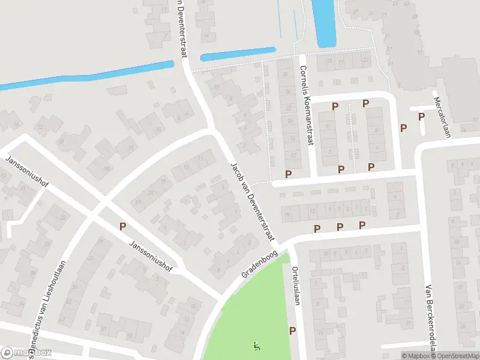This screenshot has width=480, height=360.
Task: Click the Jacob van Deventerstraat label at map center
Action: (251, 202)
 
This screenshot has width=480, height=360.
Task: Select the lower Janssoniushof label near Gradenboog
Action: (151, 256)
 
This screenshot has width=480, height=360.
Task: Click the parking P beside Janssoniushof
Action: (122, 227)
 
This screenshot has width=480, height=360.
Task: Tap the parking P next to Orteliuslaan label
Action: (293, 331)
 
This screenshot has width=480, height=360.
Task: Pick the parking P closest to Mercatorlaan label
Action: (421, 116)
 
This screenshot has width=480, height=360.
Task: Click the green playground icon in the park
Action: (257, 346)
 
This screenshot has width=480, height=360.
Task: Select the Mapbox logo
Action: (25, 353)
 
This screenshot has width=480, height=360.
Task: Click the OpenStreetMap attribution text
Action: (455, 356)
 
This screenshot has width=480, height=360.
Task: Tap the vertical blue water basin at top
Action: (326, 23)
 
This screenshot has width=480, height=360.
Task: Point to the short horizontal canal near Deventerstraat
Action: (238, 54)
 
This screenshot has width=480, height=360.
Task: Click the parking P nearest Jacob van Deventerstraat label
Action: (288, 174)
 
